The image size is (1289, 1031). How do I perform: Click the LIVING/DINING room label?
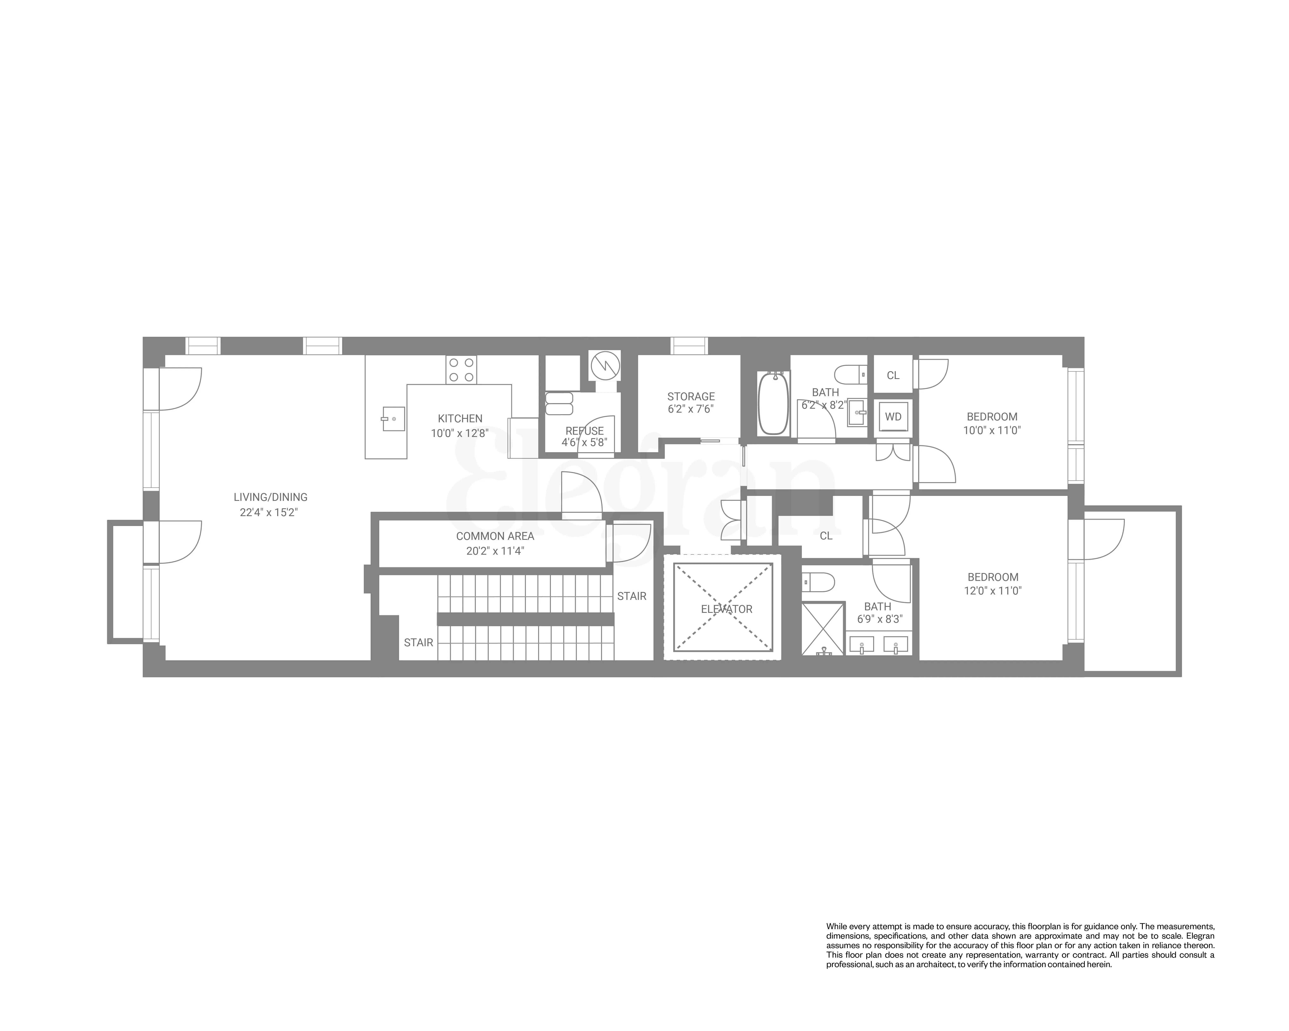pyautogui.click(x=270, y=497)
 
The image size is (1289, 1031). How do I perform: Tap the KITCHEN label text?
pyautogui.click(x=460, y=418)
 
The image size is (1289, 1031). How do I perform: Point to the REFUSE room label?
pyautogui.click(x=584, y=430)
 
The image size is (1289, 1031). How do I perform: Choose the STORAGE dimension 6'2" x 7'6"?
pyautogui.click(x=690, y=410)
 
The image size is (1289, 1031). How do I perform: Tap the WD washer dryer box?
pyautogui.click(x=893, y=417)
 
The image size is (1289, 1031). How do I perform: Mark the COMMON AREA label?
pyautogui.click(x=494, y=536)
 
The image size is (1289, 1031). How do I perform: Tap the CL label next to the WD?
pyautogui.click(x=893, y=375)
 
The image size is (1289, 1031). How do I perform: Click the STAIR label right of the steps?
pyautogui.click(x=631, y=596)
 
